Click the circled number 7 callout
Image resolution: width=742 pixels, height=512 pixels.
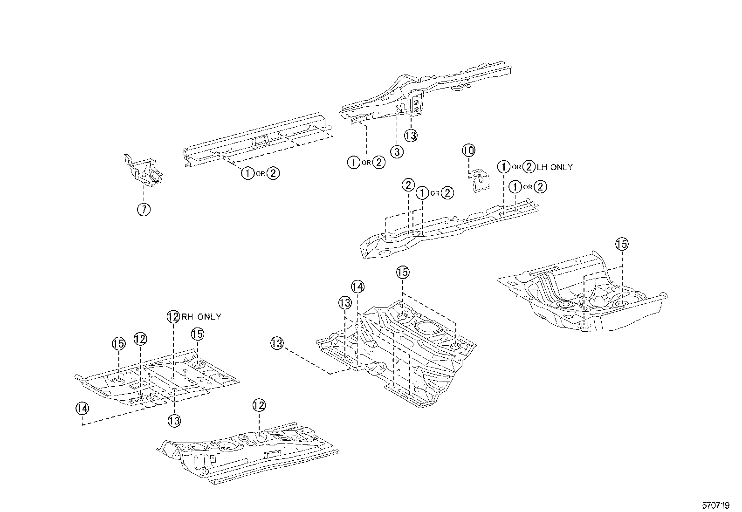point(144,210)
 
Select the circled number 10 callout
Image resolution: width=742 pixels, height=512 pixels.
point(468,150)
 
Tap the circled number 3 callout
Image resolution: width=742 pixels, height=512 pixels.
point(397,151)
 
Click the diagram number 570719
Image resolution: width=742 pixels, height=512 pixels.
point(715,505)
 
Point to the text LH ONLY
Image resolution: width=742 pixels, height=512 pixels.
point(555,167)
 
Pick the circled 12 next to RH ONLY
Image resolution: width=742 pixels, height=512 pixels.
point(173,317)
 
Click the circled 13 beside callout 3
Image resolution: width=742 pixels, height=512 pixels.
point(411,136)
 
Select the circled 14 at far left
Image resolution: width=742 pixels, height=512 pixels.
point(82,408)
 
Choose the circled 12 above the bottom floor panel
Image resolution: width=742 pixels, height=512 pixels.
point(259,405)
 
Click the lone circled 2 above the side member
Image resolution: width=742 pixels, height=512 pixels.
point(408,185)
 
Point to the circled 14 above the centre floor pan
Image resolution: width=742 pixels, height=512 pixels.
point(357,287)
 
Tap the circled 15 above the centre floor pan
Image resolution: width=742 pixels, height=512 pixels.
point(403,272)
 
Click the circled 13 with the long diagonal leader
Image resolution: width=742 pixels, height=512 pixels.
point(277,344)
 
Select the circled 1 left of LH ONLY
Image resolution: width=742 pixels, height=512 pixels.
point(503,167)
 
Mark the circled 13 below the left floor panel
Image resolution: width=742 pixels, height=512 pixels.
point(174,421)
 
